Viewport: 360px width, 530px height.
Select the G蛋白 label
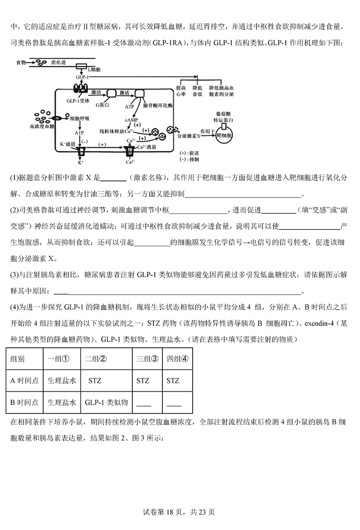(103, 104)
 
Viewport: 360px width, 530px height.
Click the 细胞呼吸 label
(80, 119)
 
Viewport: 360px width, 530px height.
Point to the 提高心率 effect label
(181, 91)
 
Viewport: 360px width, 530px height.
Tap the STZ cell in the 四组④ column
(173, 381)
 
